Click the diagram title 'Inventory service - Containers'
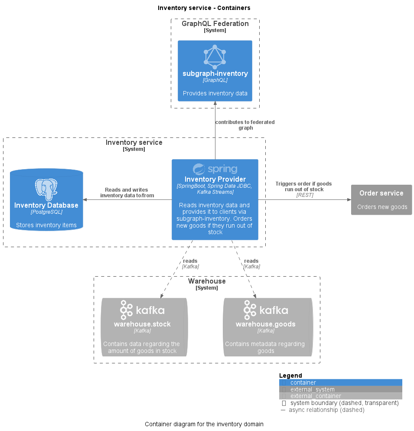coord(204,8)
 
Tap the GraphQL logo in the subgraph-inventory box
coord(215,57)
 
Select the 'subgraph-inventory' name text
coord(215,74)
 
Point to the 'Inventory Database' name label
coord(46,205)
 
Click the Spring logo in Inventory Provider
coord(215,169)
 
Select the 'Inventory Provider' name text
coord(215,179)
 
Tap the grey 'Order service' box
coord(381,199)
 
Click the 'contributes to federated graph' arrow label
coord(245,125)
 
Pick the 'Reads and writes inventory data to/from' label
coord(127,193)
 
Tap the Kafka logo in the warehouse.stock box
coord(142,310)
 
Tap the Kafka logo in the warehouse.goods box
coord(266,310)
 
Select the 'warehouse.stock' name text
coord(142,324)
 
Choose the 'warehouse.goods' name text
coord(266,324)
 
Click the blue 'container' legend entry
coord(303,382)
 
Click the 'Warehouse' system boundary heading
coord(207,281)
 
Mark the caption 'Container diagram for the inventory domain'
coord(204,424)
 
